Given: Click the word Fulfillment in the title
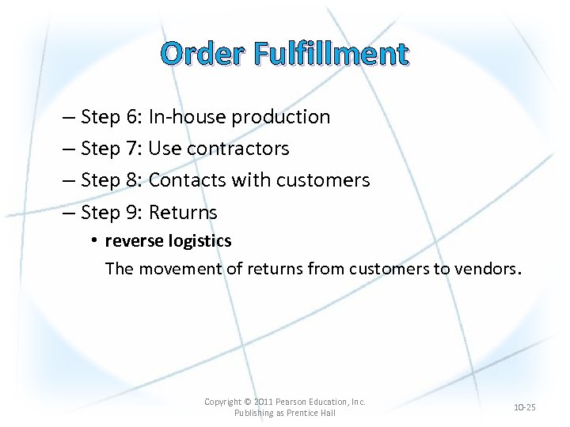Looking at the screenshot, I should coord(331,54).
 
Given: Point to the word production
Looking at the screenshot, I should coord(280,118).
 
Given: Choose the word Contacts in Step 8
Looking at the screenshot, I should coord(187,180).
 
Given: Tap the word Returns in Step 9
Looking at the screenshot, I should coord(183,212).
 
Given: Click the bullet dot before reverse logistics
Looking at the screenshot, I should coord(93,240).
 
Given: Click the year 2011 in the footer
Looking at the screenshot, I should coord(263,402).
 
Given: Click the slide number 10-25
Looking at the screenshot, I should coord(524,407).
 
